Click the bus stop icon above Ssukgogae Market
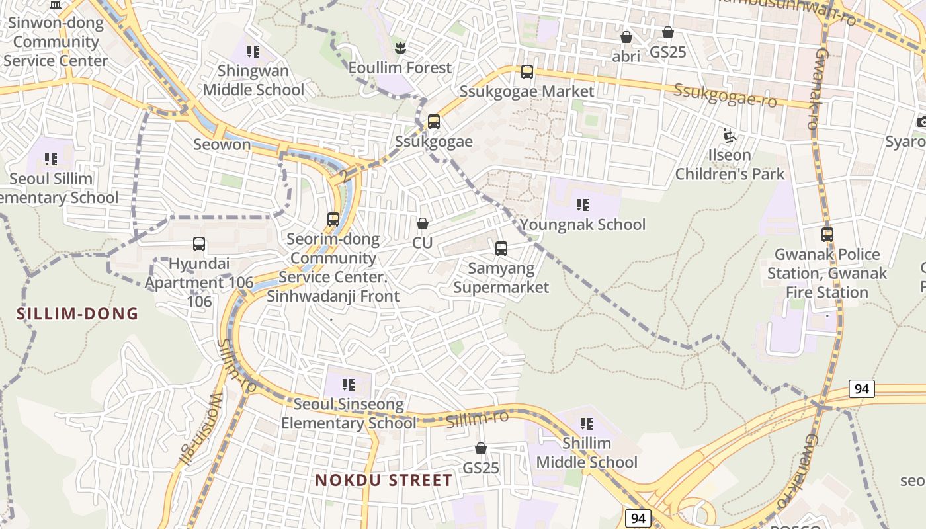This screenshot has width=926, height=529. [x=527, y=72]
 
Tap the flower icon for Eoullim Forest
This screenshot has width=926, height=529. [x=400, y=48]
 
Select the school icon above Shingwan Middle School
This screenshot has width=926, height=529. [x=253, y=51]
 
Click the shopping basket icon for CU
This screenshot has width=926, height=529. [x=423, y=224]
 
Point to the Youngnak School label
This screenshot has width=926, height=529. [x=583, y=225]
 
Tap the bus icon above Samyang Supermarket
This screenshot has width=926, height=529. [x=501, y=249]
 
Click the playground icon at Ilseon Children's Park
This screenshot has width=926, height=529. [x=730, y=136]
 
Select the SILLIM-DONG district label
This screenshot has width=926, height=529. [x=77, y=313]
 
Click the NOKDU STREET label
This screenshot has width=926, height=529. [x=384, y=480]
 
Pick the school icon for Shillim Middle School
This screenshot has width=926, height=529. [x=587, y=423]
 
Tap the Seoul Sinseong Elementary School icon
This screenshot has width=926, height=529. [x=349, y=384]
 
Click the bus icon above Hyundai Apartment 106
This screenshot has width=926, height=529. [x=199, y=244]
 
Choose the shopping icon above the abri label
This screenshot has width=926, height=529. [x=626, y=37]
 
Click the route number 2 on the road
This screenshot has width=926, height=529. [x=344, y=176]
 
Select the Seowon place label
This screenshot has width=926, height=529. [x=222, y=144]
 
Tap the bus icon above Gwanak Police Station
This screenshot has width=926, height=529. [x=827, y=234]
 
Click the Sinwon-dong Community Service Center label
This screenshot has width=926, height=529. [x=56, y=42]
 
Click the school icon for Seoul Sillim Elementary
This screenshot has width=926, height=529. [x=50, y=159]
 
